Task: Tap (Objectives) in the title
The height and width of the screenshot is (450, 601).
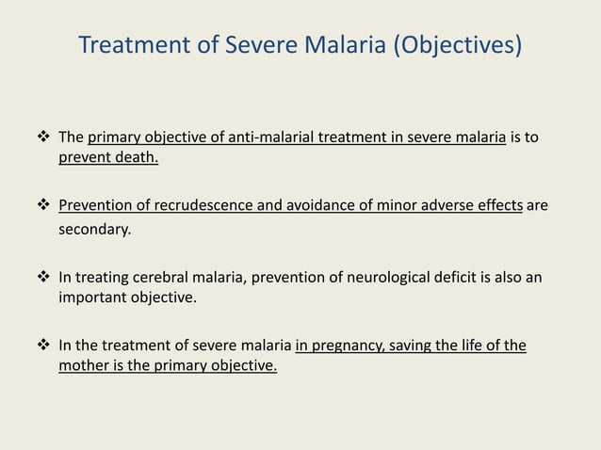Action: [x=456, y=45]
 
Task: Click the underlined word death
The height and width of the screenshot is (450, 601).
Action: [x=136, y=157]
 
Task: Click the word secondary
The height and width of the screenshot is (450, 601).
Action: [x=94, y=227]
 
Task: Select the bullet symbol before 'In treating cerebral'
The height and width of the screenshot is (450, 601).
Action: [x=43, y=277]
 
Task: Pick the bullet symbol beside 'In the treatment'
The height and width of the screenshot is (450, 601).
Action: [x=43, y=346]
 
